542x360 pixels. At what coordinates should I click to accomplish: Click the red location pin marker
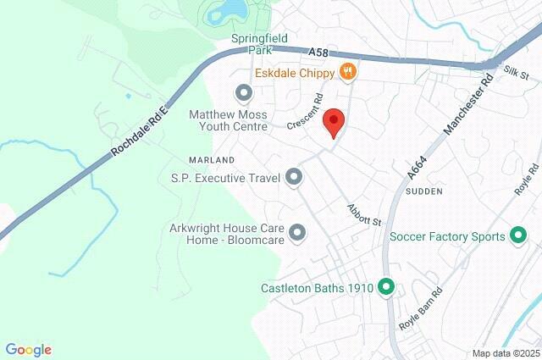click(x=335, y=122)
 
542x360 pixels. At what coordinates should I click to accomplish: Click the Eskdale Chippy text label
click(x=293, y=73)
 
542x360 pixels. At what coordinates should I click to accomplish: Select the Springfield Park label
click(x=259, y=45)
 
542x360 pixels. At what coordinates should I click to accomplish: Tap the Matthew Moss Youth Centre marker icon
click(x=245, y=92)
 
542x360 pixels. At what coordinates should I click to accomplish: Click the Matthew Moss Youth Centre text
click(x=228, y=119)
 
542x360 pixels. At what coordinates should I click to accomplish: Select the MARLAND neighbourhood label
click(x=213, y=159)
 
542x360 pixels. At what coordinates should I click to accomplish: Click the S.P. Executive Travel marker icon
click(x=294, y=177)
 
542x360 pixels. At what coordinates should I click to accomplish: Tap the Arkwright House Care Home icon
click(x=297, y=231)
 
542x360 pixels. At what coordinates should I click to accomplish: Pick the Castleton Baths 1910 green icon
click(x=386, y=288)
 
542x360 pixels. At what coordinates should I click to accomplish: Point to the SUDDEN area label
click(x=424, y=192)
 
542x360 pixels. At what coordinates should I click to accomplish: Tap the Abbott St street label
click(x=364, y=213)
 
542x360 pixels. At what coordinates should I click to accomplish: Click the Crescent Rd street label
click(x=306, y=111)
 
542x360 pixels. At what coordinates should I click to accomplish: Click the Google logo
click(x=28, y=350)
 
